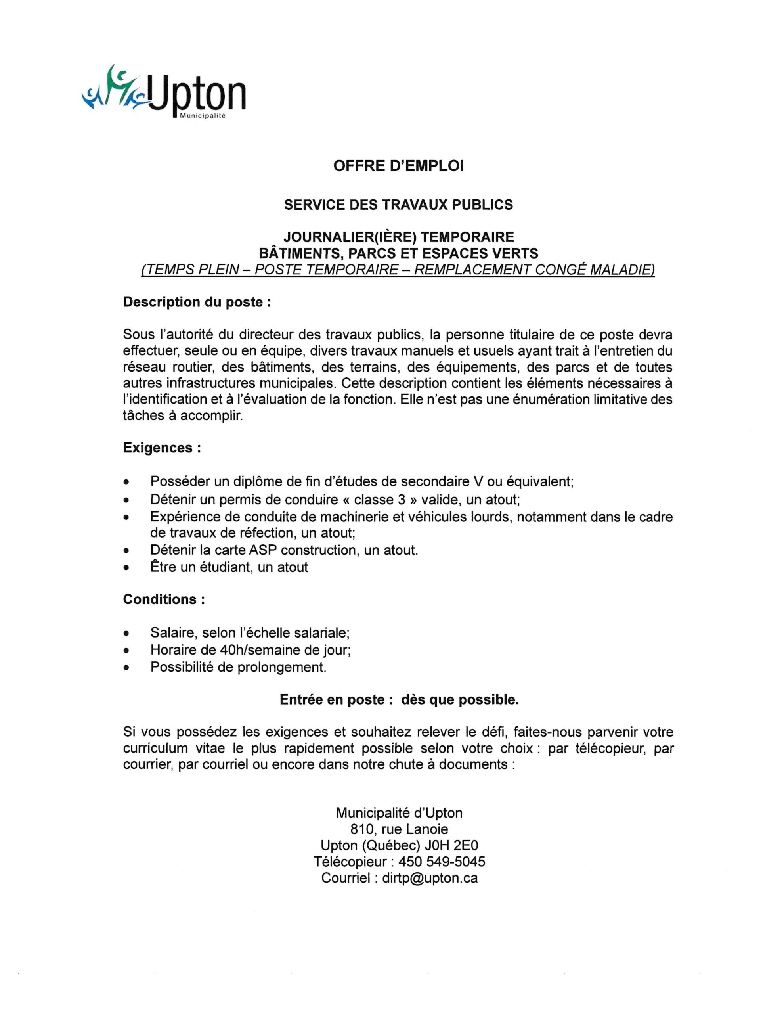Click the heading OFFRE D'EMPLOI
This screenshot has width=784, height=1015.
[x=398, y=167]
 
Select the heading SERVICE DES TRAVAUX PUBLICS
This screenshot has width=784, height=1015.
[x=398, y=205]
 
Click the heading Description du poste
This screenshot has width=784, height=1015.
[x=197, y=302]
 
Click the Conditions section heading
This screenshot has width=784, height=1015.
[x=164, y=599]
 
